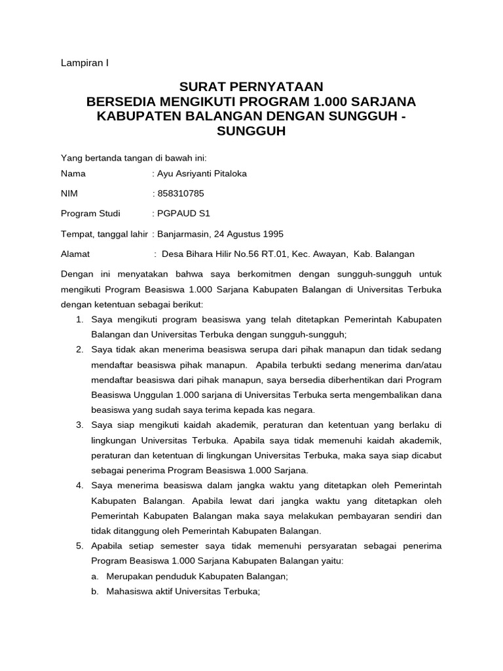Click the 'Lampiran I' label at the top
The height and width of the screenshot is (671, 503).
(x=84, y=63)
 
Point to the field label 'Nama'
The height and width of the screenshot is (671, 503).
(x=73, y=174)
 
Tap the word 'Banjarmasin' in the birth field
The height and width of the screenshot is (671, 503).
(x=183, y=234)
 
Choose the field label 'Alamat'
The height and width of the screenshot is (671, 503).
(x=75, y=254)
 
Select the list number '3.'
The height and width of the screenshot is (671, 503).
(x=79, y=425)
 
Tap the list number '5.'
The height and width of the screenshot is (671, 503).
(x=79, y=546)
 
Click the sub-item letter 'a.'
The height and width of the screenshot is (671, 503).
(x=95, y=576)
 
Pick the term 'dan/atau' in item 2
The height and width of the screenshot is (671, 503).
(x=423, y=365)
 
